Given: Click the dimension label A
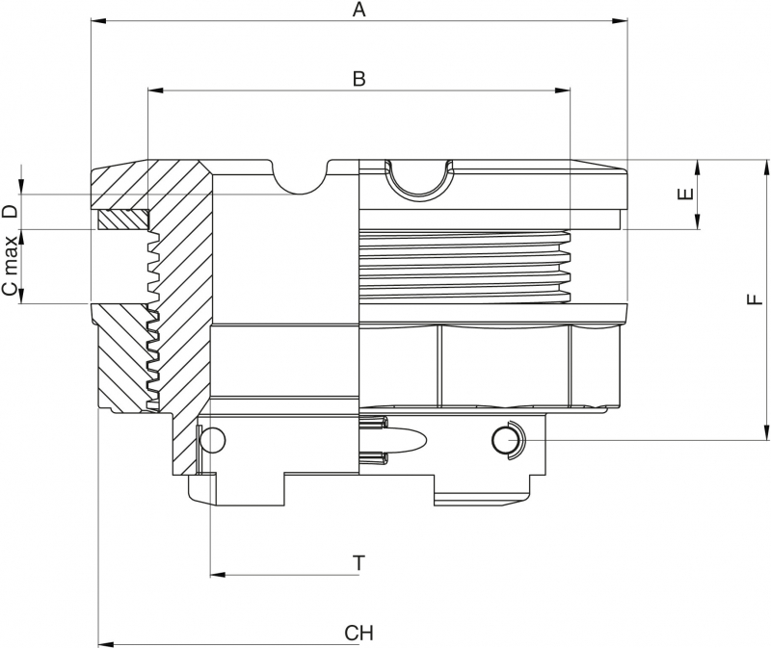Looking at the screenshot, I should point(359,11).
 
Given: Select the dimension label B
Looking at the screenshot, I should point(359,80).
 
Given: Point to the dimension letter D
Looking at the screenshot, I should point(9,212).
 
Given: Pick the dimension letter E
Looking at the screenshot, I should point(685,194).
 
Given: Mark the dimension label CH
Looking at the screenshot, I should point(359,633).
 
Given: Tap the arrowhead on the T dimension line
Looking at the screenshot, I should point(218,575).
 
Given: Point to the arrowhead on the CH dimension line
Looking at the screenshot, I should point(106,643).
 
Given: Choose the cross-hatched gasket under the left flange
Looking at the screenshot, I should point(123,220).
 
